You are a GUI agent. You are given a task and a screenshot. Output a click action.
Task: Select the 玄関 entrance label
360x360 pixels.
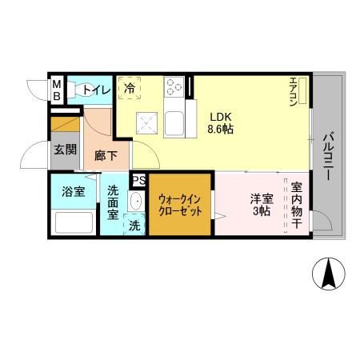tap(64, 149)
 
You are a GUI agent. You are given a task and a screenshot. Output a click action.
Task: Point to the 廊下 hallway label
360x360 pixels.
tap(106, 156)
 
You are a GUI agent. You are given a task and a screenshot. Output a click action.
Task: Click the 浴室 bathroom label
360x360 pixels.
tap(74, 192)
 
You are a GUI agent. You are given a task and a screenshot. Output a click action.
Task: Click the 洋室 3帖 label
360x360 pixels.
tap(261, 205)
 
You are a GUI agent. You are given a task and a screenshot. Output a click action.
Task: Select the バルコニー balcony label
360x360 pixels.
tap(328, 157)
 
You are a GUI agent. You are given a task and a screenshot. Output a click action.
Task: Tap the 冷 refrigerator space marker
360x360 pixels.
tap(130, 89)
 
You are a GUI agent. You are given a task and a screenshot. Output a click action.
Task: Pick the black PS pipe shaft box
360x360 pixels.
tap(138, 180)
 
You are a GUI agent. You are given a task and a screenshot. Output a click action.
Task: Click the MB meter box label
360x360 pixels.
tap(57, 89)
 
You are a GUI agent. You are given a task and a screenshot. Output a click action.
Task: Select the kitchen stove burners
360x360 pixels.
tap(174, 86)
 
